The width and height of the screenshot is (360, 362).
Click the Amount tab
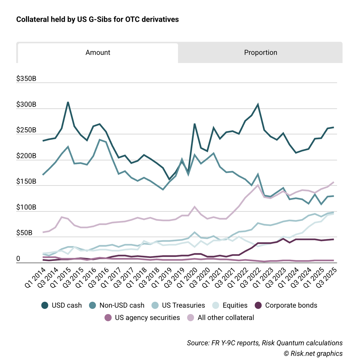point(98,53)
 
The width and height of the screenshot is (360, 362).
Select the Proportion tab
point(260,53)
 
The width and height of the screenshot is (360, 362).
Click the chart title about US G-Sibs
point(97,20)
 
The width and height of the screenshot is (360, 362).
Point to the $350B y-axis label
point(26,79)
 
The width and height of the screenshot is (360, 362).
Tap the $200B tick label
point(26,156)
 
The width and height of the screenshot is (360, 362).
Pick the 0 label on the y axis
point(18,259)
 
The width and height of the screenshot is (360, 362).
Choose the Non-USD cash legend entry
point(117,305)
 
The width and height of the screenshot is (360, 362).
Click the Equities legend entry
point(230,305)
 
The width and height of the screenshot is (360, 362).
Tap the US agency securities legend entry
point(142,318)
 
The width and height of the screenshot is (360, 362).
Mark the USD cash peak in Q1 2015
point(68,102)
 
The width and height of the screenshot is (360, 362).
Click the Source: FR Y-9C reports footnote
point(265,343)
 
